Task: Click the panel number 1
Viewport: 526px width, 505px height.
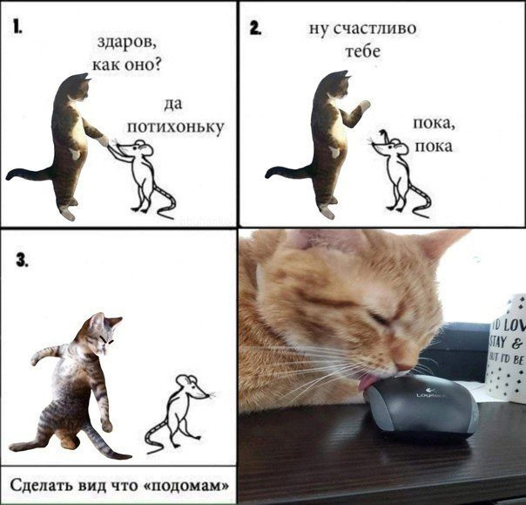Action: click(17, 27)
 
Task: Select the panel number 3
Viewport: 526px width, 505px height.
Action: click(22, 261)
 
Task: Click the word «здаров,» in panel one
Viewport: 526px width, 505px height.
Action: click(127, 43)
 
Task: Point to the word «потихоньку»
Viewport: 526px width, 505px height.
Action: click(175, 127)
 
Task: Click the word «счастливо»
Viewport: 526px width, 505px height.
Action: click(375, 28)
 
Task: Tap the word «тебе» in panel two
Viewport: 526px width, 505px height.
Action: click(362, 51)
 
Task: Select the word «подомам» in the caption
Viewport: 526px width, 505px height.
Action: click(188, 486)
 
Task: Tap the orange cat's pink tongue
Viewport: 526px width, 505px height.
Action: click(367, 382)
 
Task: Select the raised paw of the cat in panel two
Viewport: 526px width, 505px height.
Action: click(364, 106)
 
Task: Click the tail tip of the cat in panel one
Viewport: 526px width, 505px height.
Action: click(10, 174)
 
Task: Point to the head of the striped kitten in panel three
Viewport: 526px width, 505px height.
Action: click(102, 331)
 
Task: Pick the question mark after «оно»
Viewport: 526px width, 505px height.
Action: click(157, 64)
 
